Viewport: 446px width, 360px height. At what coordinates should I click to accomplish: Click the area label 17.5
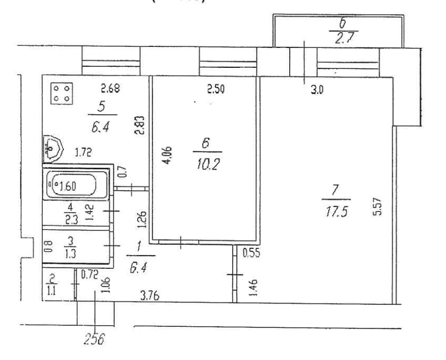point(336,211)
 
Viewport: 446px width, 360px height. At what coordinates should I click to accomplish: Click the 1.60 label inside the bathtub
point(68,185)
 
